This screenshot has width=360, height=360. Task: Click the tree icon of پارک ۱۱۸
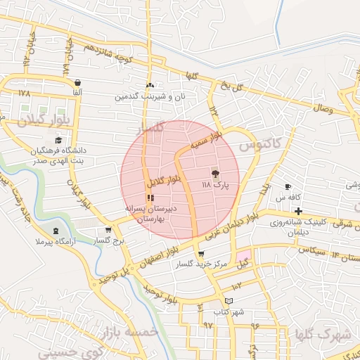click(214, 173)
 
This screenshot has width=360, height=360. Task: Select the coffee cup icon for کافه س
click(287, 186)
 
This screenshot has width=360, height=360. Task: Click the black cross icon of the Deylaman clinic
click(299, 212)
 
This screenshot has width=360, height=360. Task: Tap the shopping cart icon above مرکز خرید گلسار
click(202, 254)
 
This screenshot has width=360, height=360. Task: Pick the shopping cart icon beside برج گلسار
click(108, 230)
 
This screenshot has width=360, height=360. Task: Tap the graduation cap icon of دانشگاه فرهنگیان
click(58, 140)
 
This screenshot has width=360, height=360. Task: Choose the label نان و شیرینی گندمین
click(151, 96)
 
